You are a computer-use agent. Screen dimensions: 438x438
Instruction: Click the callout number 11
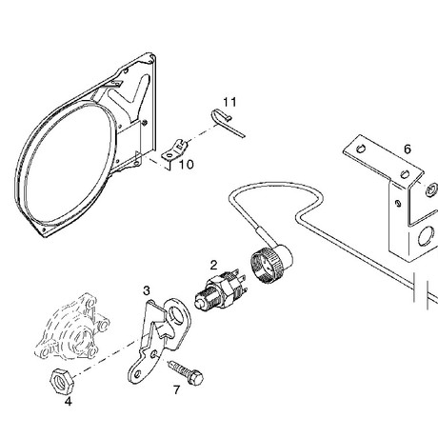click(x=229, y=102)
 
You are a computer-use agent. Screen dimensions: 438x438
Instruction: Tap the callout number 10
click(x=187, y=165)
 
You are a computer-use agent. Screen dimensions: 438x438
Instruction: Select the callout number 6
click(x=408, y=149)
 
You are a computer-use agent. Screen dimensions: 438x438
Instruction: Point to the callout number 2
click(x=213, y=265)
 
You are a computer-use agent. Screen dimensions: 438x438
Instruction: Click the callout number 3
click(x=147, y=290)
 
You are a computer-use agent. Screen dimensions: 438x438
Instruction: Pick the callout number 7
click(x=176, y=389)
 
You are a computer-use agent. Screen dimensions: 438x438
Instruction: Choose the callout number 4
click(x=69, y=402)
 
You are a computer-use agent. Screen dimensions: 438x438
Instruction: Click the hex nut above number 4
click(x=62, y=381)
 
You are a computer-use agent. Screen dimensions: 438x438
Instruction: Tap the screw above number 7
click(x=187, y=372)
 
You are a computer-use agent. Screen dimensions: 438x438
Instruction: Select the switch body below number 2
click(x=221, y=289)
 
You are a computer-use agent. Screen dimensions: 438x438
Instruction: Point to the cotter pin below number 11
click(x=227, y=123)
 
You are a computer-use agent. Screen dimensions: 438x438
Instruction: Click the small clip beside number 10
click(x=174, y=151)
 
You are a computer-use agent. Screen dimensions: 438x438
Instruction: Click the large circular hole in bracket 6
click(x=426, y=236)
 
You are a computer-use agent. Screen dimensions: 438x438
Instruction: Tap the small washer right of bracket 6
click(x=431, y=189)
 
